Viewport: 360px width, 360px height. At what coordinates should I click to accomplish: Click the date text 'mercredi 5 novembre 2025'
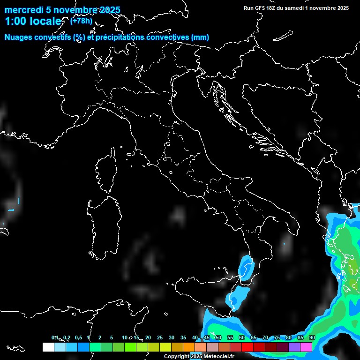[x=62, y=10]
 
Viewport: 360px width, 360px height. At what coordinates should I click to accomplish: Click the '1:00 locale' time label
[x=33, y=21]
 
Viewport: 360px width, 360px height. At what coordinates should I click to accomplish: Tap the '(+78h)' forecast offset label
[x=81, y=21]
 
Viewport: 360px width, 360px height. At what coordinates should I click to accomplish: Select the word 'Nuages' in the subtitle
[x=18, y=37]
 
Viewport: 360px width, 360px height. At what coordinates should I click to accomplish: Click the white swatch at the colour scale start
[x=48, y=347]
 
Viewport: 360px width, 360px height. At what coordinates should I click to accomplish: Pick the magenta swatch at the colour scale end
[x=306, y=347]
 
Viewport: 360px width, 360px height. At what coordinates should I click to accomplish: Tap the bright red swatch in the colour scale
[x=247, y=347]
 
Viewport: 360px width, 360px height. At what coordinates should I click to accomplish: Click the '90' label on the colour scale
[x=312, y=337]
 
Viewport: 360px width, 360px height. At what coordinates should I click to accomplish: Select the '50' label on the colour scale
[x=218, y=337]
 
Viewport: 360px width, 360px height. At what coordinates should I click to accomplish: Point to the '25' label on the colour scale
[x=160, y=337]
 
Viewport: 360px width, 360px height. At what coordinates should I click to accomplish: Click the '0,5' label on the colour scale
[x=78, y=337]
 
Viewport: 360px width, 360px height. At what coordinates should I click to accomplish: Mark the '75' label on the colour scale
[x=277, y=337]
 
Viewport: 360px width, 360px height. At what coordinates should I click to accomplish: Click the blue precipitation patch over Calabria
[x=245, y=267]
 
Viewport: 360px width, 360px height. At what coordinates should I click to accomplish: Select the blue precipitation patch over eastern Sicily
[x=239, y=295]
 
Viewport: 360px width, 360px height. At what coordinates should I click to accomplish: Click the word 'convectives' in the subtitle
[x=167, y=37]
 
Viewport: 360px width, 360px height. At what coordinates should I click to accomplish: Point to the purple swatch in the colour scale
[x=294, y=347]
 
